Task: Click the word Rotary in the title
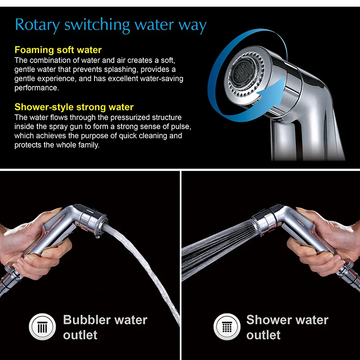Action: pos(37,25)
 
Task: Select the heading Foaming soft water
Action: pos(58,50)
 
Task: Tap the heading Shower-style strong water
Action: pos(74,107)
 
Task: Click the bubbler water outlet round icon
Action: pos(42,327)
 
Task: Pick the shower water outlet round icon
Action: pos(227,327)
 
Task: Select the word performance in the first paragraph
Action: pos(36,88)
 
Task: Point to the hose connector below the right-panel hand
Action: pos(349,274)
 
